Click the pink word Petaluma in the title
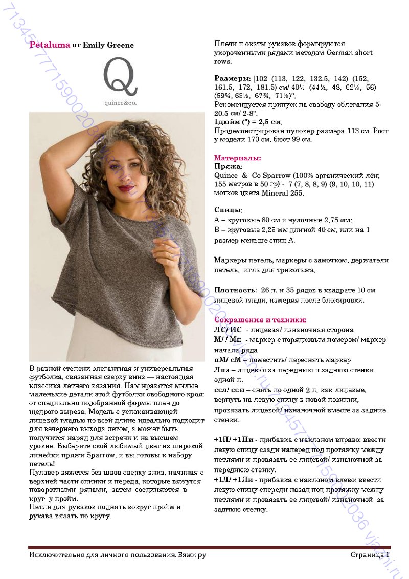50,45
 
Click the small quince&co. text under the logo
120,102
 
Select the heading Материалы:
237,158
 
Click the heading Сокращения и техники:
260,319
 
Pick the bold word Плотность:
235,290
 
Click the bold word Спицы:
228,210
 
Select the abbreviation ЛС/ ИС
228,330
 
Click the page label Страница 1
370,555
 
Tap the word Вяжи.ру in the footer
192,555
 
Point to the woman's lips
126,188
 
